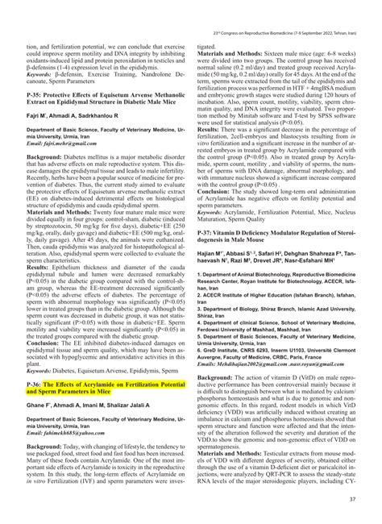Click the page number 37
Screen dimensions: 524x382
click(x=351, y=499)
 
